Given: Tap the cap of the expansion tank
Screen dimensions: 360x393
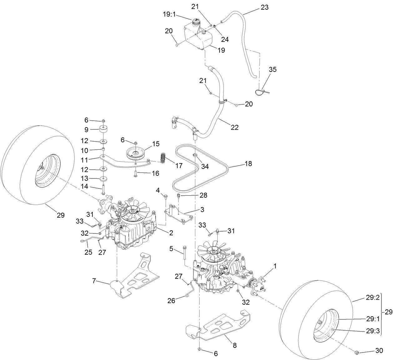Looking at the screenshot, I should click(195, 23).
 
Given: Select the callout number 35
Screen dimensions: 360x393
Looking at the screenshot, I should click(272, 69).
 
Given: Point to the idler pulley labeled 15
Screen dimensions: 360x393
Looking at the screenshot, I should click(135, 153).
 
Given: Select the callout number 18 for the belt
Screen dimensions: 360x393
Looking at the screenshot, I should click(248, 164).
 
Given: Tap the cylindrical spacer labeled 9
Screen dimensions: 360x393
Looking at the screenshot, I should click(103, 129).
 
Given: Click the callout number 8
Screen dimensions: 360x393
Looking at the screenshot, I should click(235, 346).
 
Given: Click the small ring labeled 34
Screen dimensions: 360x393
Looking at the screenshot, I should click(195, 155).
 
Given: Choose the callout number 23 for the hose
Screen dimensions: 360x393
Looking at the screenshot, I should click(264, 7).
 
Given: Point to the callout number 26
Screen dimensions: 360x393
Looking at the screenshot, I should click(171, 301).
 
